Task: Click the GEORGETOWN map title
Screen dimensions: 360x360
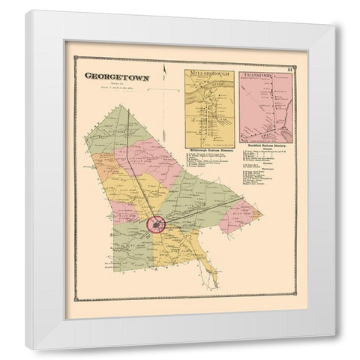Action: click(x=118, y=76)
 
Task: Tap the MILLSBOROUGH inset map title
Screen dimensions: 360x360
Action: click(x=207, y=76)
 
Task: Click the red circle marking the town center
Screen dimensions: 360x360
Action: click(x=157, y=223)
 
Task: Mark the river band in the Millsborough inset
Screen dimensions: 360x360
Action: click(x=206, y=97)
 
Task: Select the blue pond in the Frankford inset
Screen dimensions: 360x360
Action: click(x=283, y=118)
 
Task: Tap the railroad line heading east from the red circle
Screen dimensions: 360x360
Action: click(x=195, y=210)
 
